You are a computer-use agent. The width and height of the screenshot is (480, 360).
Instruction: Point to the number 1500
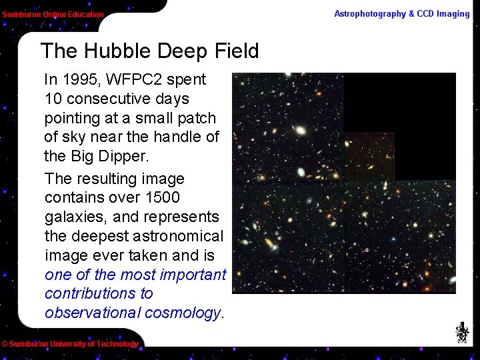[x=161, y=198]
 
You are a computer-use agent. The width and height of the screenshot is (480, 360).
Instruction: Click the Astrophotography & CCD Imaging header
[x=401, y=13]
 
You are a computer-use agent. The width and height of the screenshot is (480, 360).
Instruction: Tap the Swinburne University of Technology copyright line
[x=69, y=344]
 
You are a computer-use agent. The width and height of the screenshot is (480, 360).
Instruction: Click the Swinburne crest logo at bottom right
[x=461, y=331]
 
